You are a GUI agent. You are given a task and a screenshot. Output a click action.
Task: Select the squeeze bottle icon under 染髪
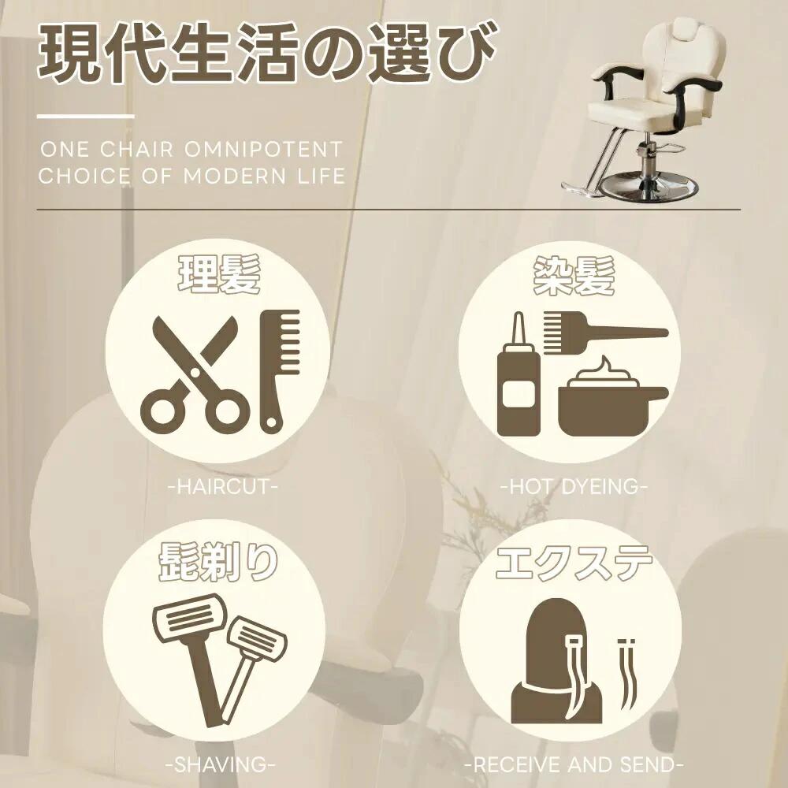tap(519, 374)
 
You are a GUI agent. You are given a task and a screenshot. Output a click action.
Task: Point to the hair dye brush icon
tap(605, 332)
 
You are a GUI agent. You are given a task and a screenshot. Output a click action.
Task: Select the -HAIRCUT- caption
tap(223, 486)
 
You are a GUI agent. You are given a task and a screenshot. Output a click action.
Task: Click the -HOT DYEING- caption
tap(574, 486)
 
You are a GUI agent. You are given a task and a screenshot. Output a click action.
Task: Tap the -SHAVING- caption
tap(221, 765)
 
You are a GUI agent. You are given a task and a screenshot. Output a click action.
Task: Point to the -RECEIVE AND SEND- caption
tap(574, 765)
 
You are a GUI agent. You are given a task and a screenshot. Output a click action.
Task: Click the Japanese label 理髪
tap(220, 274)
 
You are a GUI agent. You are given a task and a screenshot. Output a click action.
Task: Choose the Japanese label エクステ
tap(574, 563)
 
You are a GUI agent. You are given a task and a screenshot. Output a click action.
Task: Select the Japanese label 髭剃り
tap(218, 563)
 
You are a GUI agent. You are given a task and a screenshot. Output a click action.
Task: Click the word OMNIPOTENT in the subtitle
tap(263, 149)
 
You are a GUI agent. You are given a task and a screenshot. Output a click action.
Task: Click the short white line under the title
tap(85, 117)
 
